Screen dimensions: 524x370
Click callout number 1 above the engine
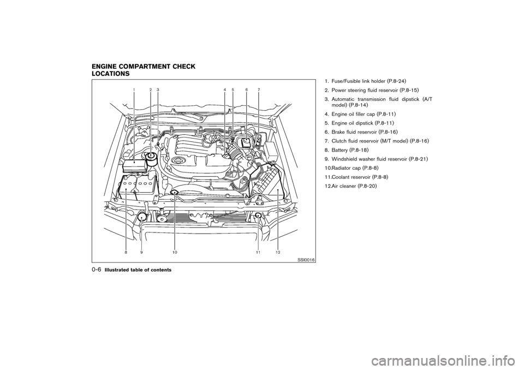[x=134, y=89]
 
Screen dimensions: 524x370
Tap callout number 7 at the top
[x=259, y=89]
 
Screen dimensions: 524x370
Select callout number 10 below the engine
[x=175, y=252]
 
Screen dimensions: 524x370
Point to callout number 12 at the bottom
[x=278, y=252]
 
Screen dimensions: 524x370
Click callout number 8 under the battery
[x=126, y=252]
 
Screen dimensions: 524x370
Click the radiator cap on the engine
[x=174, y=192]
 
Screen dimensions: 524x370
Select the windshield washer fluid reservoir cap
[x=142, y=218]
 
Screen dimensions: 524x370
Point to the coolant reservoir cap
[x=258, y=216]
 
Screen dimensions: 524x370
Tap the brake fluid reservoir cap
[x=247, y=143]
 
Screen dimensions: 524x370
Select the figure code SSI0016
[x=307, y=261]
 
